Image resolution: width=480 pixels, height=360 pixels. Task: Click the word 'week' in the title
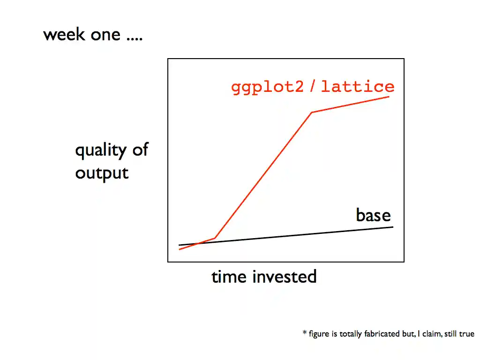point(64,34)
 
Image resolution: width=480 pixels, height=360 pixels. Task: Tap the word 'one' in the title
point(105,35)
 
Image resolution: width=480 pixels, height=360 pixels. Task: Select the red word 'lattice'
point(358,86)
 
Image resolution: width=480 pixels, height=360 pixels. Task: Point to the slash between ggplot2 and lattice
point(312,86)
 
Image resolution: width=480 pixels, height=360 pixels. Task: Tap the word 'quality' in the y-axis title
point(101,150)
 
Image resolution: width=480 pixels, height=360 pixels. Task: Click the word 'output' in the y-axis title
point(102,173)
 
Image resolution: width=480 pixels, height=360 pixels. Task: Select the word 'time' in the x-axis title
point(229,277)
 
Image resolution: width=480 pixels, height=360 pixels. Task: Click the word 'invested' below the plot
point(285,277)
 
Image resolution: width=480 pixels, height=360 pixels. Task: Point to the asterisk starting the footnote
point(305,332)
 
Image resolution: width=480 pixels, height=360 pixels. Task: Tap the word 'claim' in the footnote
point(432,333)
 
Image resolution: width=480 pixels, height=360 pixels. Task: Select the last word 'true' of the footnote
point(466,334)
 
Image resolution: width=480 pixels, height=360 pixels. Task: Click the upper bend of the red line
point(312,112)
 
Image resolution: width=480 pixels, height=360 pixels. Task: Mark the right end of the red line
point(389,97)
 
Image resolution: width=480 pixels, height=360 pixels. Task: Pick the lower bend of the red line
point(215,238)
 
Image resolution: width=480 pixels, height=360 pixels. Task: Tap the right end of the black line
point(393,227)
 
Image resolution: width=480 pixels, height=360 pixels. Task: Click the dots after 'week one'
point(135,39)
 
